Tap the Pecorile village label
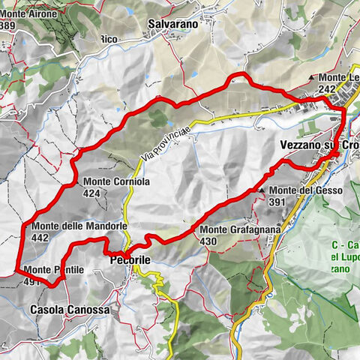(x=131, y=259)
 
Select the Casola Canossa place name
(x=69, y=309)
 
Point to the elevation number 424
(x=92, y=193)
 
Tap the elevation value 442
(x=40, y=237)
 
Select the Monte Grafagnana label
(x=240, y=229)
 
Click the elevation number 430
(x=209, y=241)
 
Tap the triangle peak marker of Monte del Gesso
(x=262, y=190)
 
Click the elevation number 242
(x=326, y=88)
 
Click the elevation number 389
(x=8, y=25)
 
